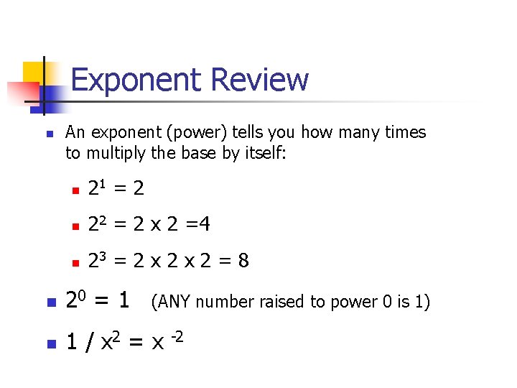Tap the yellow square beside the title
click(34, 72)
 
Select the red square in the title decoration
click(22, 92)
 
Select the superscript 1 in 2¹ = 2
click(102, 185)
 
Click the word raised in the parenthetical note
click(277, 302)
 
